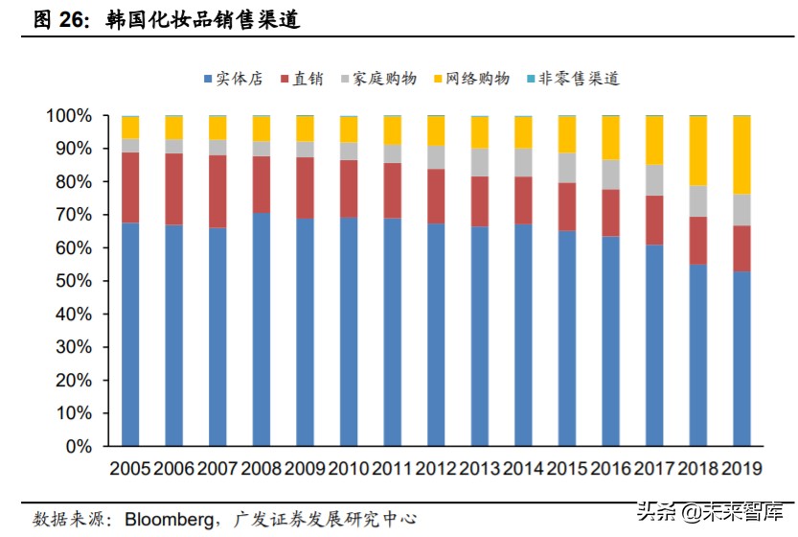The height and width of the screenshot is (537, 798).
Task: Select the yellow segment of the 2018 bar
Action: click(x=697, y=151)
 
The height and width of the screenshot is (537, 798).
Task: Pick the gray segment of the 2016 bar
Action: click(x=610, y=174)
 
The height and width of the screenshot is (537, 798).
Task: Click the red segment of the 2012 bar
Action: click(x=436, y=196)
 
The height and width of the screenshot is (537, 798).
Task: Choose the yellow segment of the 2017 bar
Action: click(x=654, y=140)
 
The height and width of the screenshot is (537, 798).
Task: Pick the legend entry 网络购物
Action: click(x=470, y=79)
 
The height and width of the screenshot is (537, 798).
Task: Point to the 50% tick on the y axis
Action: click(x=72, y=281)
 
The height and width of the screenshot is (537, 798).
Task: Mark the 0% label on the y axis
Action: click(x=77, y=446)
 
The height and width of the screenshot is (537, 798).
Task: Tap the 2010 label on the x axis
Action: click(x=348, y=469)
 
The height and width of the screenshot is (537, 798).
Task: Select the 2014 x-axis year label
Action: click(x=523, y=469)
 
